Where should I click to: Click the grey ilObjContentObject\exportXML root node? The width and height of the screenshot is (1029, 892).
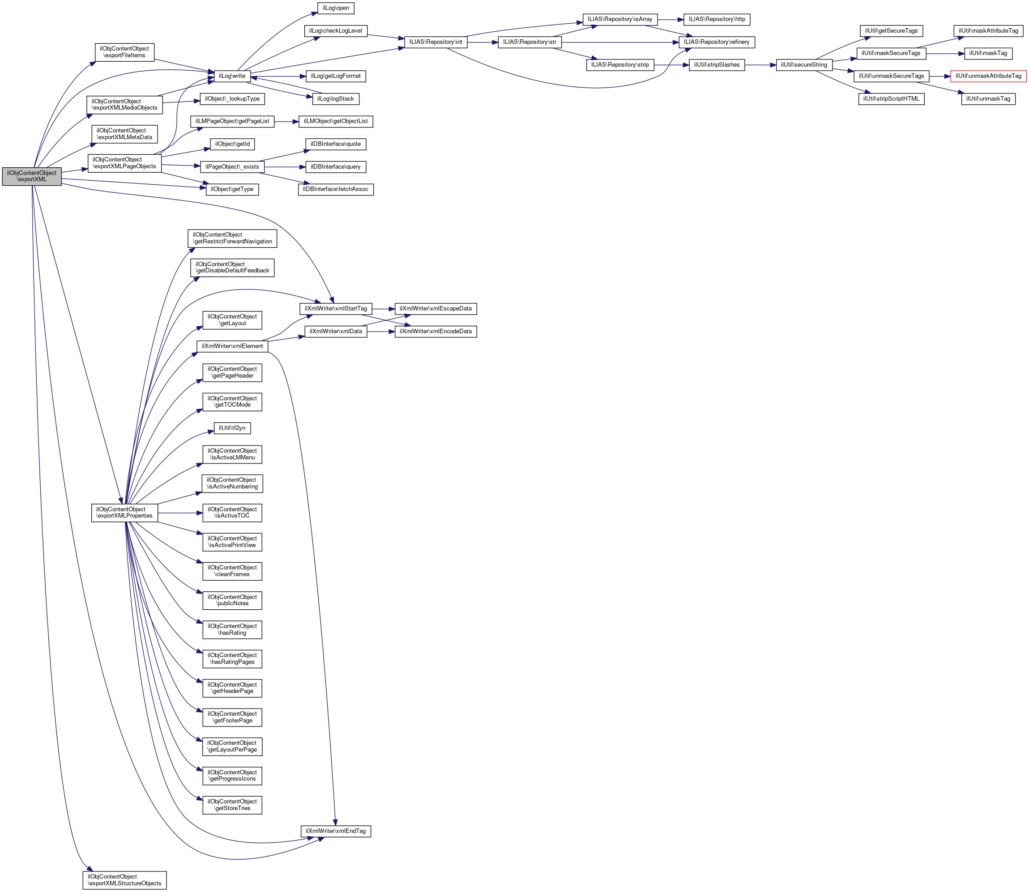pyautogui.click(x=32, y=176)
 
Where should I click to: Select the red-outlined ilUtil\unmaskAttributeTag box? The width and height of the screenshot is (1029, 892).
pyautogui.click(x=988, y=76)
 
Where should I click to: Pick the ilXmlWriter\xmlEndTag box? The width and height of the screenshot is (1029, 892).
pyautogui.click(x=335, y=831)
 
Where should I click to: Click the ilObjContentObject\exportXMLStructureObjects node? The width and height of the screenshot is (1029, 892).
pyautogui.click(x=124, y=879)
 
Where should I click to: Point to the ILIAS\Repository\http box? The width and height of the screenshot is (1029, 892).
pyautogui.click(x=717, y=19)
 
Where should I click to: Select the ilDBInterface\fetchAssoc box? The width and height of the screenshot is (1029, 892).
pyautogui.click(x=335, y=189)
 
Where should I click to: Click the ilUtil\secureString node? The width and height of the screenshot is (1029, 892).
pyautogui.click(x=803, y=65)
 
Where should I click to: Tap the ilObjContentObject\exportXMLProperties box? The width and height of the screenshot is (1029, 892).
pyautogui.click(x=124, y=513)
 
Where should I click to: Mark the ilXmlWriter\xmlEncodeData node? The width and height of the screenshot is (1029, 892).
pyautogui.click(x=436, y=331)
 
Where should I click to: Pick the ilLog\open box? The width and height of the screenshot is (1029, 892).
pyautogui.click(x=335, y=8)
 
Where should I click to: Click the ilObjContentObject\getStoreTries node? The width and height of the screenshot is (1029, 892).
pyautogui.click(x=232, y=805)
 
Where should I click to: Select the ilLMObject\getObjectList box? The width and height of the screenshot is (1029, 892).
pyautogui.click(x=335, y=122)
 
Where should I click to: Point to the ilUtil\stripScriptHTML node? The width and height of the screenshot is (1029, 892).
pyautogui.click(x=891, y=99)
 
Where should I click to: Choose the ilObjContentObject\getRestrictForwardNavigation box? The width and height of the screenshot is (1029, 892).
pyautogui.click(x=232, y=238)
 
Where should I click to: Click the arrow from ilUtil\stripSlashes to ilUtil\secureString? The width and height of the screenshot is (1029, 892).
pyautogui.click(x=760, y=65)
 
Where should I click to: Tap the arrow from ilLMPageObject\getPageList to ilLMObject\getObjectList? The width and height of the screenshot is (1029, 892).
pyautogui.click(x=286, y=122)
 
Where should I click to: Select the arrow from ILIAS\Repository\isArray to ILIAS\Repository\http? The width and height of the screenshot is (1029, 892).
pyautogui.click(x=670, y=19)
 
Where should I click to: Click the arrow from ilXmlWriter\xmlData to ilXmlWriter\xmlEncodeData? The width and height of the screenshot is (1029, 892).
pyautogui.click(x=381, y=331)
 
